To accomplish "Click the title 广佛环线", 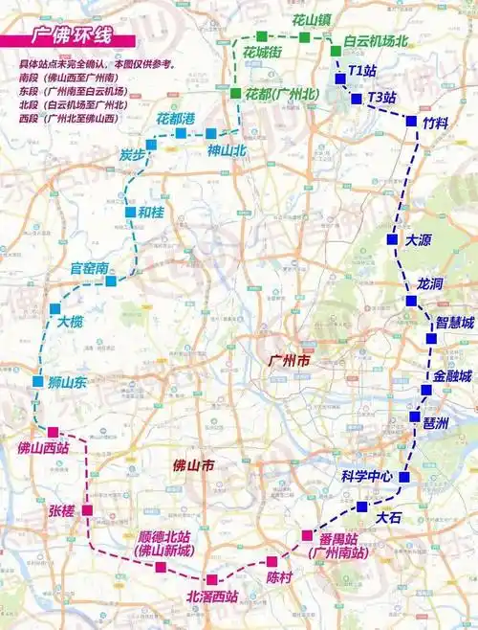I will pyautogui.click(x=72, y=39).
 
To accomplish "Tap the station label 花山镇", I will pyautogui.click(x=311, y=18).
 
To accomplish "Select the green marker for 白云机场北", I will pyautogui.click(x=336, y=51).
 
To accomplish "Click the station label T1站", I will pyautogui.click(x=363, y=71).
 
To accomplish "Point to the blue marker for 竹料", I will pyautogui.click(x=413, y=122).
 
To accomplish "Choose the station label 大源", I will pyautogui.click(x=419, y=240).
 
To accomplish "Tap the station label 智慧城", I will pyautogui.click(x=455, y=323).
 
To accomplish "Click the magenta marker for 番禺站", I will pyautogui.click(x=307, y=535).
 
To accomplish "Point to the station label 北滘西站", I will pyautogui.click(x=212, y=597).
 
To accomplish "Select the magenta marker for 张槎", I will pyautogui.click(x=87, y=510).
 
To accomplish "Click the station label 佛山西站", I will pyautogui.click(x=43, y=447).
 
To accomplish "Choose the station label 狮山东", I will pyautogui.click(x=68, y=383).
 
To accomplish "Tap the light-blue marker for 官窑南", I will pyautogui.click(x=112, y=281).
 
